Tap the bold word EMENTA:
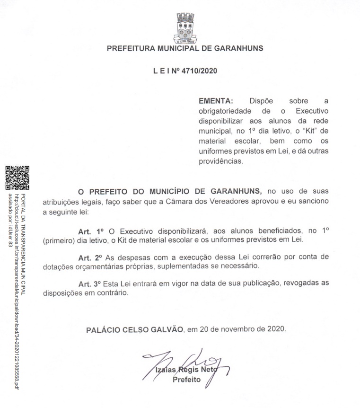point(216,101)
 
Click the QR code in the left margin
point(18,177)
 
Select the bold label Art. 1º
point(90,231)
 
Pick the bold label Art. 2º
point(90,257)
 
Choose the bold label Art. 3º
point(90,283)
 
